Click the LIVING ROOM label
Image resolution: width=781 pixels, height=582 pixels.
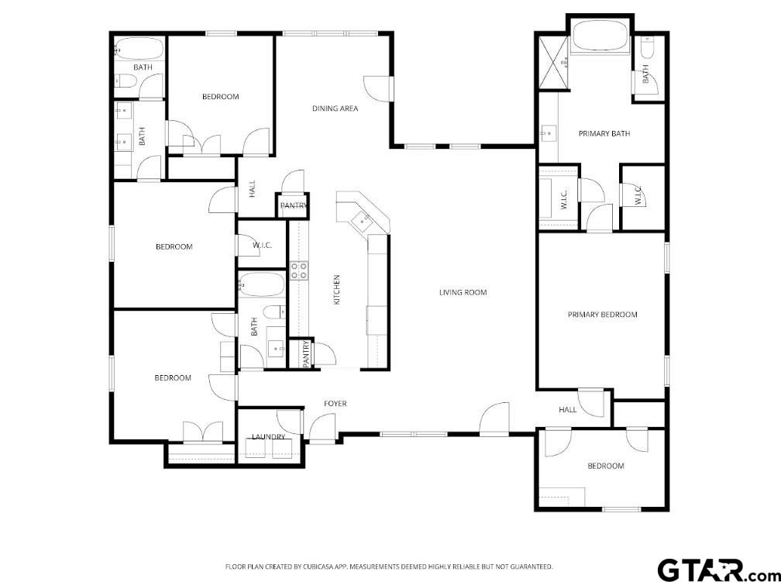463,292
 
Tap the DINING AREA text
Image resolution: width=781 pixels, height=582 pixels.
335,108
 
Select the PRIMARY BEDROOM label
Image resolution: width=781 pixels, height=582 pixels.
602,315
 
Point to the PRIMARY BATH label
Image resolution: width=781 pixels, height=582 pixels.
604,133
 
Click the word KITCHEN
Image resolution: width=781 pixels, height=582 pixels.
336,290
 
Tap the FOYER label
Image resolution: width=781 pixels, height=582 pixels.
335,404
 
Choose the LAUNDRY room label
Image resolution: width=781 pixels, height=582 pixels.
268,437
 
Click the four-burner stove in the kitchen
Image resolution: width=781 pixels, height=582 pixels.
299,270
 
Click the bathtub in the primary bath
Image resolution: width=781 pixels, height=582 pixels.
600,36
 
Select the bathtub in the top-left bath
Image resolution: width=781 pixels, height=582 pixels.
139,49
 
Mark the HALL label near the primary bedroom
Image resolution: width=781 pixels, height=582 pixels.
567,410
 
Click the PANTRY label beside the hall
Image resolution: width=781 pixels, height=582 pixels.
294,205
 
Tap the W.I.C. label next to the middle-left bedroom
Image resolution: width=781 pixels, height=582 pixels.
262,245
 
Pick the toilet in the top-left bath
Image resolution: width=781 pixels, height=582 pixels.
125,81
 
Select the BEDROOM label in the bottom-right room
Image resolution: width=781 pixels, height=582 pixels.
606,466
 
